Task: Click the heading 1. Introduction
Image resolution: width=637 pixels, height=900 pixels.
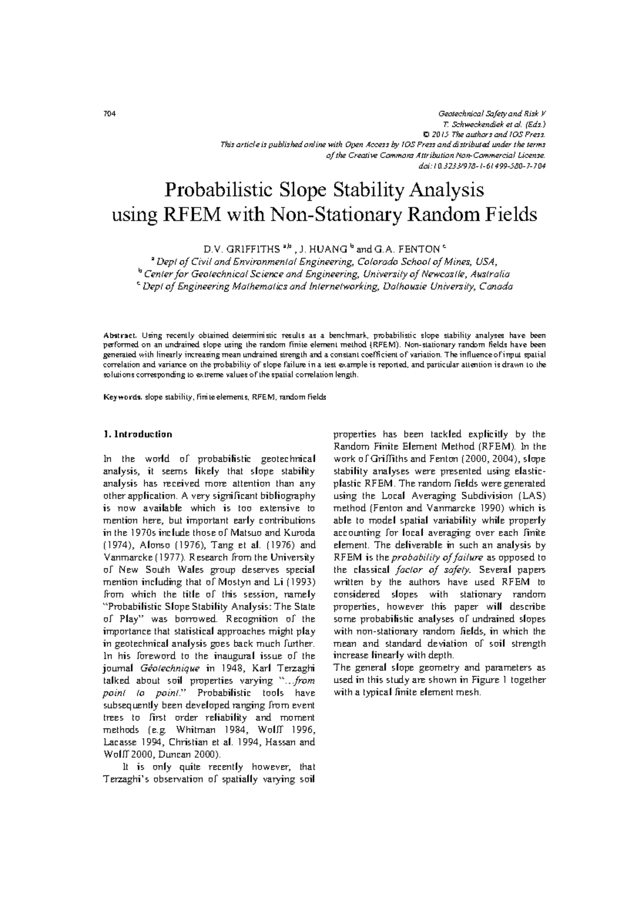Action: [137, 434]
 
